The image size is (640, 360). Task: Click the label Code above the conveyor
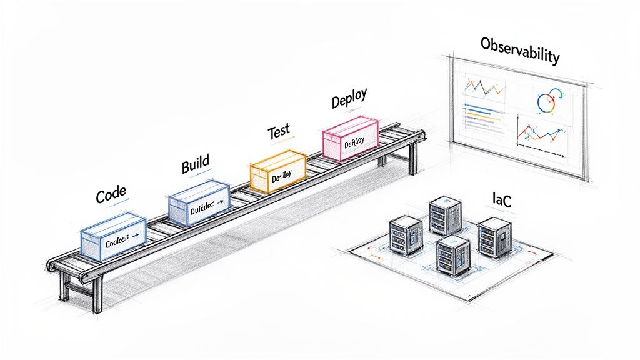tap(111, 196)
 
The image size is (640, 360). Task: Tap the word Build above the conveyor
tap(195, 166)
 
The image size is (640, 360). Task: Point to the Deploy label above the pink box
tap(349, 100)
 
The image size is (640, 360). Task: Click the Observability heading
tap(519, 50)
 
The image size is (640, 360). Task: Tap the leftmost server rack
tap(406, 235)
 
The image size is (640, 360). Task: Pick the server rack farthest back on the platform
tap(444, 216)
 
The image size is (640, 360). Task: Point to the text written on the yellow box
tap(278, 177)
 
